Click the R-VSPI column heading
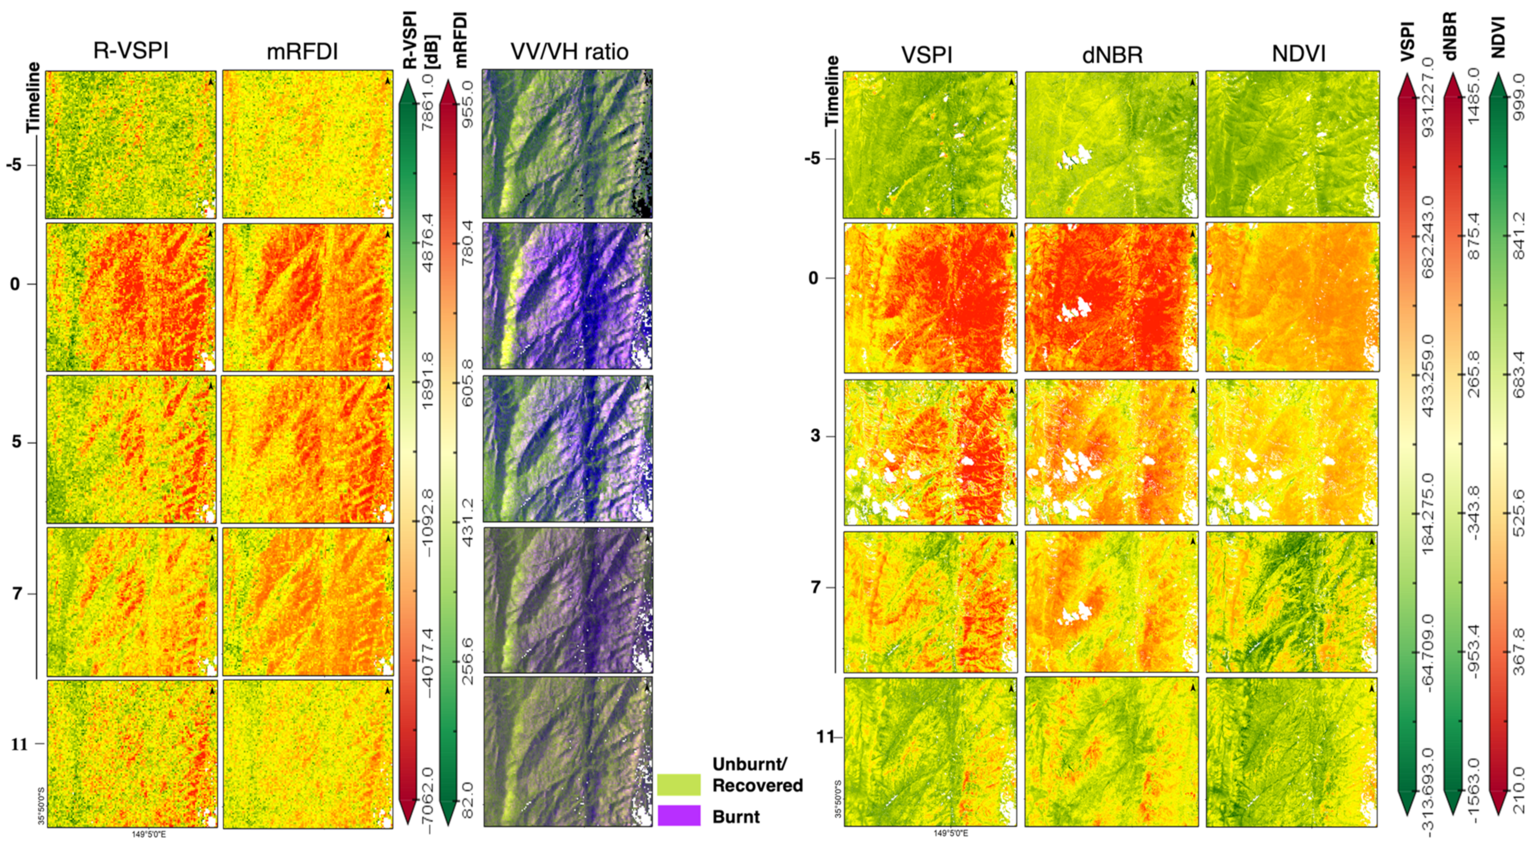click(130, 51)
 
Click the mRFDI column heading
click(302, 52)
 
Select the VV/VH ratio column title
click(568, 52)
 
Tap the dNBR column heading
click(1112, 55)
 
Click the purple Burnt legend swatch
click(678, 816)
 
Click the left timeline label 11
click(20, 744)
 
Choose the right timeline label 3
click(815, 435)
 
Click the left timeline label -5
click(14, 164)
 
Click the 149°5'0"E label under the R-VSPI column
click(149, 834)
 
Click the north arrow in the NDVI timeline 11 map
click(1372, 689)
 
